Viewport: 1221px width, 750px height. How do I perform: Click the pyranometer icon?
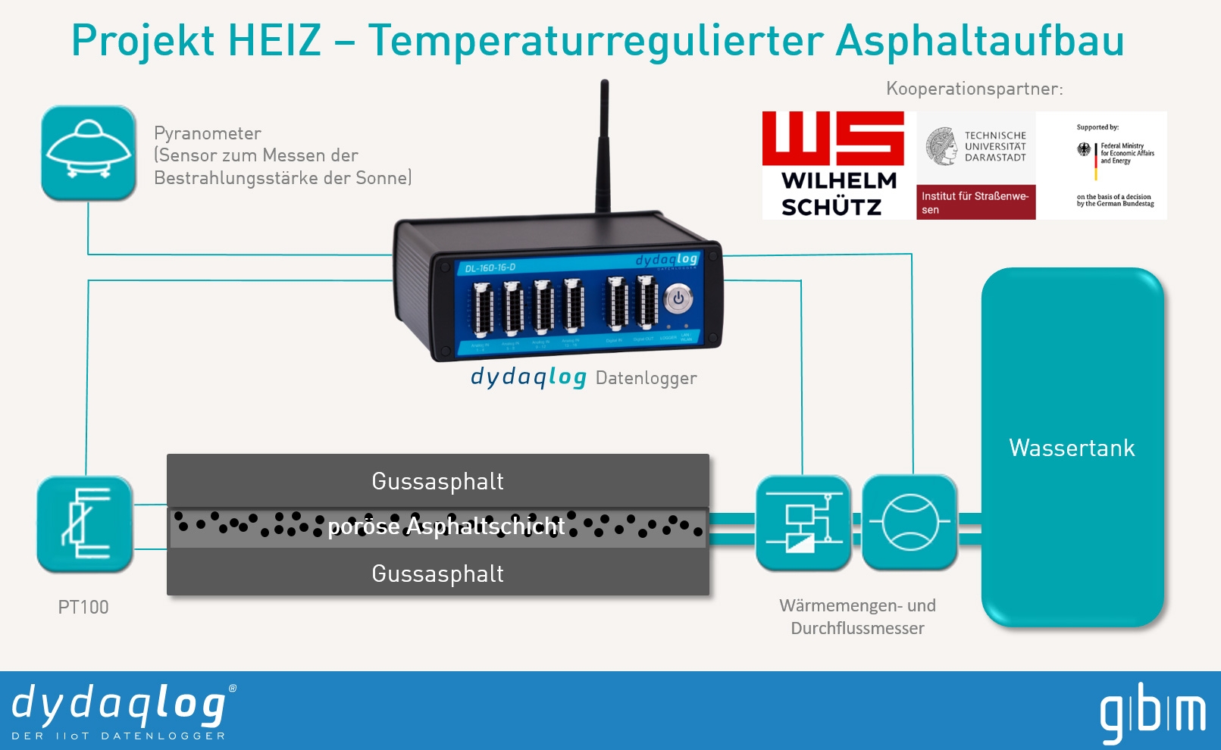(89, 153)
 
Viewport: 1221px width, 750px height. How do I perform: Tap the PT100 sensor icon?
(85, 524)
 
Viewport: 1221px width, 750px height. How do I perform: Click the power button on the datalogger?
(678, 298)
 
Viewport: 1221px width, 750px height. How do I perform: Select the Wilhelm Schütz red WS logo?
(833, 138)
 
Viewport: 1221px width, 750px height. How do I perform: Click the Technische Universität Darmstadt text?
(995, 146)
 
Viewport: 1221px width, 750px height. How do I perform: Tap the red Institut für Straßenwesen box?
(975, 202)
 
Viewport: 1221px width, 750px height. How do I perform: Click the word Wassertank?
(1072, 448)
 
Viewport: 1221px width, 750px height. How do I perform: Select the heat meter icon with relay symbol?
(803, 523)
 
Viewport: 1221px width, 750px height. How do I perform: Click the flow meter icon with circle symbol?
(909, 523)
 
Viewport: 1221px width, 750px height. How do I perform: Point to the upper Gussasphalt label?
(437, 481)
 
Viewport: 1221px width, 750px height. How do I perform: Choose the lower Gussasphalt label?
(437, 573)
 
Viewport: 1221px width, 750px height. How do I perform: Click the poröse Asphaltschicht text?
(446, 527)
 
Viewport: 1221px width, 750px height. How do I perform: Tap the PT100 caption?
(83, 607)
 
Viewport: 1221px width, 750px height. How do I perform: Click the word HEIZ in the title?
(274, 41)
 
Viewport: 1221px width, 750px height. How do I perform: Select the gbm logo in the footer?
(1152, 712)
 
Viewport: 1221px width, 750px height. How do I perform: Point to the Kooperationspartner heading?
(974, 89)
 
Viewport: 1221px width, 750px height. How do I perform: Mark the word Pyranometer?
(208, 133)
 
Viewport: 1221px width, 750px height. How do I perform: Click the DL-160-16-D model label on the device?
(490, 267)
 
